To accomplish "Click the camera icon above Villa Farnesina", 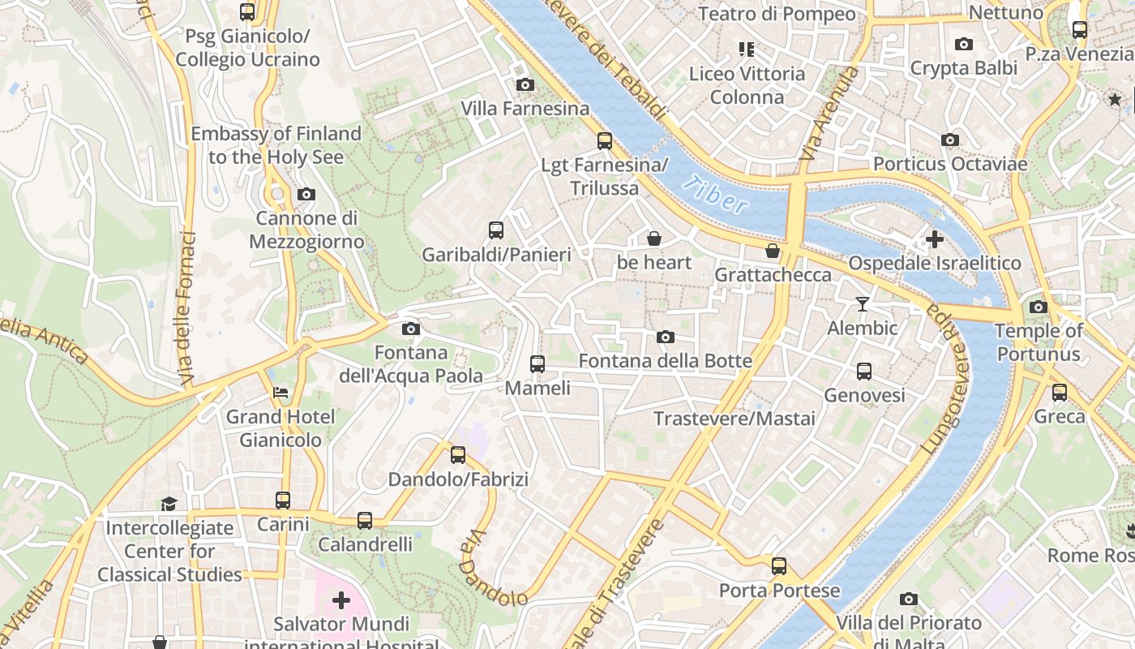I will [525, 84].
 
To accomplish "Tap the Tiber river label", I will [714, 196].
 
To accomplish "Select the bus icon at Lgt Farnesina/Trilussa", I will [605, 140].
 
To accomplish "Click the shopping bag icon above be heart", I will [653, 239].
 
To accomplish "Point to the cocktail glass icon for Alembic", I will [862, 304].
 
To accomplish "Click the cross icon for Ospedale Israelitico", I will [934, 239].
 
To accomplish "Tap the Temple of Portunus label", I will [1039, 342].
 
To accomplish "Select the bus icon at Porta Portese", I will [779, 566].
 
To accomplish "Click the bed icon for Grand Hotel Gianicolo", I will [280, 393].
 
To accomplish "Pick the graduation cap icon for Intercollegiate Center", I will [169, 504].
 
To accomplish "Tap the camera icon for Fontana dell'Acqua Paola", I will [411, 329].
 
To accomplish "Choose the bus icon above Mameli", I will [538, 364].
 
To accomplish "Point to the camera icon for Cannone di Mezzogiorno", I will [306, 194].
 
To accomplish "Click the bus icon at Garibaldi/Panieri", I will [496, 230].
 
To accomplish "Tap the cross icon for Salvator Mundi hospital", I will [341, 600].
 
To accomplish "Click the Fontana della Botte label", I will [665, 361].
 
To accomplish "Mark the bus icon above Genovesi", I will [864, 372].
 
